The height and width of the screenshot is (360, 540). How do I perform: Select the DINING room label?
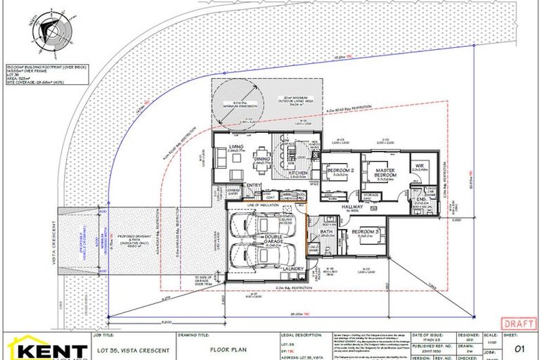tap(263, 160)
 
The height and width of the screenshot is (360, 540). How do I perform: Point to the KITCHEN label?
tap(296, 172)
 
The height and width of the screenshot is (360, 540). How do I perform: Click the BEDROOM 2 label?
tap(340, 170)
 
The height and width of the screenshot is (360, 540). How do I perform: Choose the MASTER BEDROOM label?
tap(385, 172)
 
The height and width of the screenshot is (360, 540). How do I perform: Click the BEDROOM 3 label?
tap(366, 233)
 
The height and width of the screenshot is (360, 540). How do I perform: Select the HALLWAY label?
tap(352, 207)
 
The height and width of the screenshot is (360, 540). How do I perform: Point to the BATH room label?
tap(326, 231)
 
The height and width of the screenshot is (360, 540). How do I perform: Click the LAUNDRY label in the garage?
tap(292, 269)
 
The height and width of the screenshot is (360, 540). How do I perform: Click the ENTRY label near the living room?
tap(253, 185)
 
